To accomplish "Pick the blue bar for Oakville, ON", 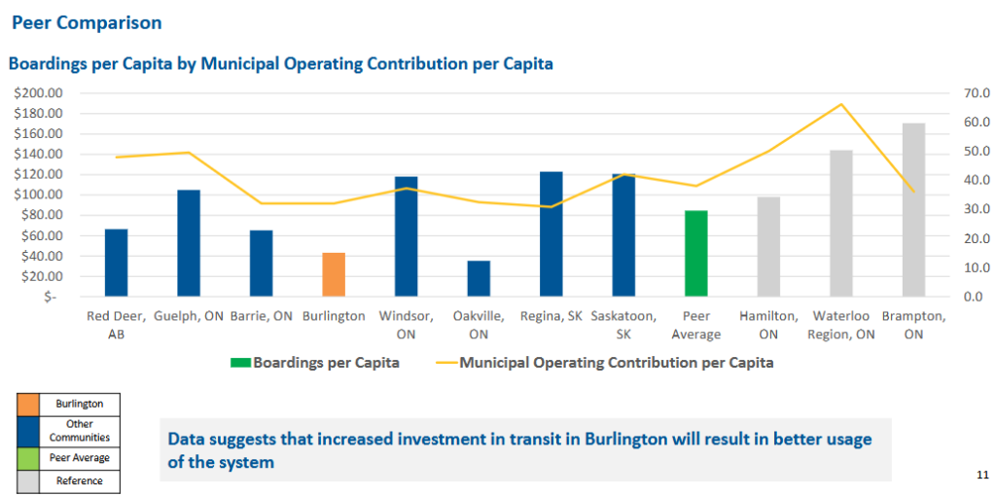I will pyautogui.click(x=479, y=278).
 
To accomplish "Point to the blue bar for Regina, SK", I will pyautogui.click(x=551, y=233).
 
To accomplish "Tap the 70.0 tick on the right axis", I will pyautogui.click(x=971, y=93).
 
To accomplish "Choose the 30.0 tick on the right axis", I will pyautogui.click(x=971, y=209).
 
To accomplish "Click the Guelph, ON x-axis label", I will pyautogui.click(x=189, y=316).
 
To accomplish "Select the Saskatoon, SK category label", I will pyautogui.click(x=623, y=325).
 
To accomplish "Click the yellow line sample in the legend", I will pyautogui.click(x=445, y=363).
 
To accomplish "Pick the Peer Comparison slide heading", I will pyautogui.click(x=87, y=21).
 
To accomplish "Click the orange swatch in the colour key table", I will pyautogui.click(x=28, y=404).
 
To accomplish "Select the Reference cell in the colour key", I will pyautogui.click(x=79, y=480).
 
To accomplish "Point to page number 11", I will pyautogui.click(x=981, y=475).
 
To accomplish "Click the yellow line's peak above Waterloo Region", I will pyautogui.click(x=841, y=104).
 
